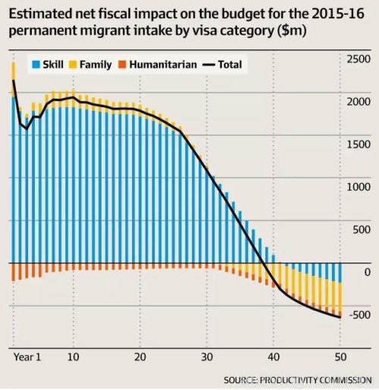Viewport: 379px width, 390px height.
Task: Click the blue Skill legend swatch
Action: coord(36,64)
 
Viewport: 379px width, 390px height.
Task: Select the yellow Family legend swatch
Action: coord(73,64)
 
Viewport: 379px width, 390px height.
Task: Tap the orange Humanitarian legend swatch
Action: coord(122,64)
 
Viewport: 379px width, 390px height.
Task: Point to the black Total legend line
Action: coord(208,64)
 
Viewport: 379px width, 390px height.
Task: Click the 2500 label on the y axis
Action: coord(359,59)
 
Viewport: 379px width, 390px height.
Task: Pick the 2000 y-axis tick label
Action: coord(359,102)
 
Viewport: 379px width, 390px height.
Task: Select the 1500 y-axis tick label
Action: coord(359,144)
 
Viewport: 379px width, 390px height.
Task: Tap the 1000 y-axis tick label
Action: coord(359,187)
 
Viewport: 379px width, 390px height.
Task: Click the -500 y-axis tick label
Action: coord(360,315)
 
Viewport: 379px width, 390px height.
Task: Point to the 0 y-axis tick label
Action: coord(368,272)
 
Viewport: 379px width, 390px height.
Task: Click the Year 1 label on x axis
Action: coord(27,357)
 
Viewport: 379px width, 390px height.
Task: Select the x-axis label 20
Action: coord(140,357)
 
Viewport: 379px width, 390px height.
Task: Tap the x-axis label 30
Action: coord(207,357)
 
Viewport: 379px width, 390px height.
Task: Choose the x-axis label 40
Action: coord(274,357)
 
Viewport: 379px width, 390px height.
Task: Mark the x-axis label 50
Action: coord(340,357)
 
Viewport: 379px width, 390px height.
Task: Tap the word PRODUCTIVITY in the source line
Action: coord(289,380)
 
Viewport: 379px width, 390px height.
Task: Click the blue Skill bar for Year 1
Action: coord(14,180)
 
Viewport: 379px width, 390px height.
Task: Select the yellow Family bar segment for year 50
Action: coord(340,297)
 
